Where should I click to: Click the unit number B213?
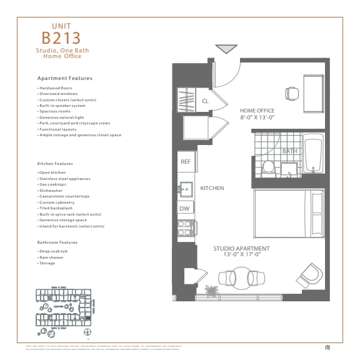click(x=62, y=36)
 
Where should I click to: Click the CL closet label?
click(x=205, y=101)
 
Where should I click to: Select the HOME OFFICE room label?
click(x=259, y=111)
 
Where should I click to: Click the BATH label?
click(x=289, y=151)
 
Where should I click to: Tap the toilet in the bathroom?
click(x=269, y=167)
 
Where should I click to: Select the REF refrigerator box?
click(x=186, y=162)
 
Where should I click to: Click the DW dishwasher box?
click(x=184, y=209)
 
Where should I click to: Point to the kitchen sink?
click(x=186, y=188)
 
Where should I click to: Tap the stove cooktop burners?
click(x=185, y=228)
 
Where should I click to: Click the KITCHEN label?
click(x=212, y=188)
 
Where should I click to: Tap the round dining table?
click(x=241, y=277)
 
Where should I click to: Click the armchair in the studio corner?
click(x=310, y=274)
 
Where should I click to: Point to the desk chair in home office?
click(x=292, y=93)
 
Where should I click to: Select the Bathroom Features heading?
click(x=57, y=242)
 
